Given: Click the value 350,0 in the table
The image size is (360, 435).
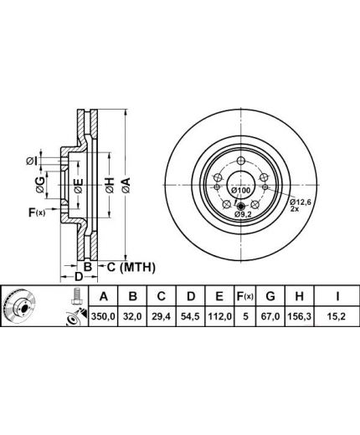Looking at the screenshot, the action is coord(103,317).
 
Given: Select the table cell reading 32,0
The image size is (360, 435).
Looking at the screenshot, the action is coord(132,317).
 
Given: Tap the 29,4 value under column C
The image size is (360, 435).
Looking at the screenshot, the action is coord(162,317).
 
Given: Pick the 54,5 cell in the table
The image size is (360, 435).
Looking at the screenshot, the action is coord(190,317).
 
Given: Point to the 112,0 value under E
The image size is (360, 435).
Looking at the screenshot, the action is coord(219,317).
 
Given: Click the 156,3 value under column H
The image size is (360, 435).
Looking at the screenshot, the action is coord(299,317).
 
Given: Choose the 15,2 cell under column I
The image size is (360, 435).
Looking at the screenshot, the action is coord(337,317).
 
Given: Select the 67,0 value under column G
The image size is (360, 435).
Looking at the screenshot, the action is coord(270,317).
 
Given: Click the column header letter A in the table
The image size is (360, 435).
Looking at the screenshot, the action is coord(103,296).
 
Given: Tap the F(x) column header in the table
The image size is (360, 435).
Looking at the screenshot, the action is coord(245,296).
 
